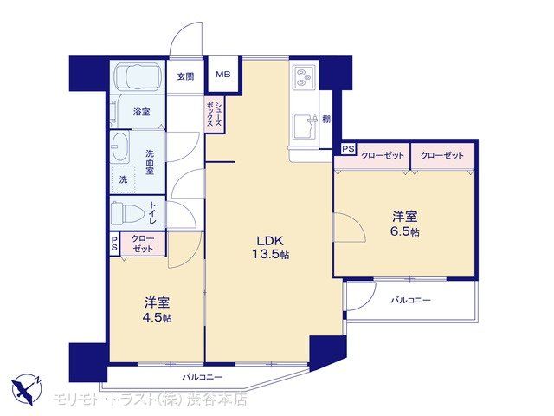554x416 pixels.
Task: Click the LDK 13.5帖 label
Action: [x=270, y=247]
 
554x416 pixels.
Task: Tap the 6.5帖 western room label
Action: [x=405, y=224]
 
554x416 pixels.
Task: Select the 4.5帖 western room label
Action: [x=158, y=309]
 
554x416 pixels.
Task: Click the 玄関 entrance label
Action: [x=185, y=76]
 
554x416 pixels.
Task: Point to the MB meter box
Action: [x=223, y=75]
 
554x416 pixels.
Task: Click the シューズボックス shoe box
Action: [x=215, y=114]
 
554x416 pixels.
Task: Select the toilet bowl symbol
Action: [x=126, y=214]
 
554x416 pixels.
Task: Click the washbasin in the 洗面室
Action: [x=120, y=146]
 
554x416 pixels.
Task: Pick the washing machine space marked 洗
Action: [x=123, y=179]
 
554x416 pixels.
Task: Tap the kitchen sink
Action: [x=306, y=127]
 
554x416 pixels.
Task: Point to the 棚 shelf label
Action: [x=326, y=120]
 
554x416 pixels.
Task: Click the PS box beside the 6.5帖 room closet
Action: [x=348, y=149]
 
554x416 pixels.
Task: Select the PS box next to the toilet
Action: [x=114, y=244]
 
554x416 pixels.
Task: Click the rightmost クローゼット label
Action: [x=442, y=155]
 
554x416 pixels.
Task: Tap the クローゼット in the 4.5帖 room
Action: [x=143, y=244]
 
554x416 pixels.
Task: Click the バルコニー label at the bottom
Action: [x=203, y=378]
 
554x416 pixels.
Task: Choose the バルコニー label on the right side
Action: [x=411, y=301]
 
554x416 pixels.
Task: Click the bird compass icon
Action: [x=25, y=388]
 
